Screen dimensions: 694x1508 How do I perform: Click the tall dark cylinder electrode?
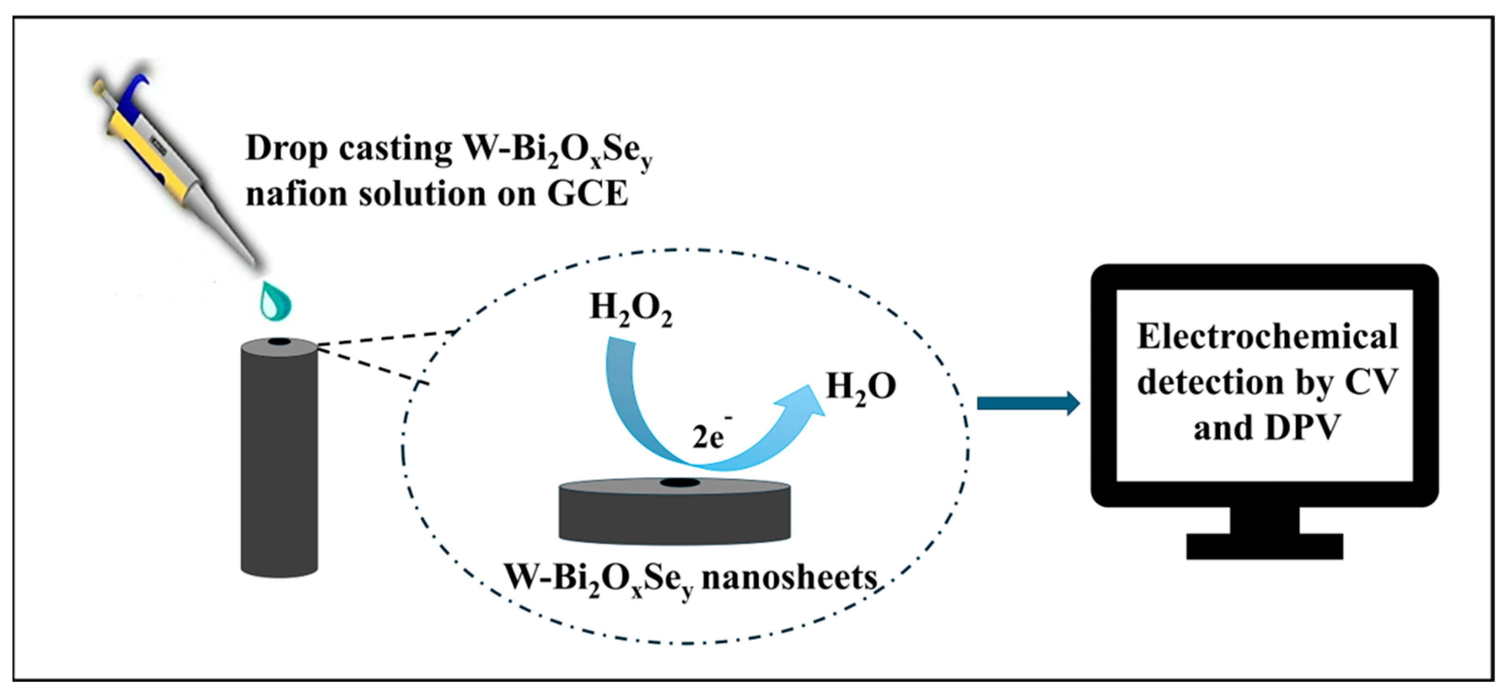click(x=279, y=463)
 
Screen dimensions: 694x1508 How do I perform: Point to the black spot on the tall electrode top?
click(x=279, y=342)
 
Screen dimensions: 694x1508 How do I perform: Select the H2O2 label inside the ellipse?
click(x=630, y=309)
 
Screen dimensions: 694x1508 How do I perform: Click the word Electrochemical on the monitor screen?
click(x=1268, y=337)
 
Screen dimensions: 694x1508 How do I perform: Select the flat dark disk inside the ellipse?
click(x=674, y=513)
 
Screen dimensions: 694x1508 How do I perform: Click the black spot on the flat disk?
click(x=680, y=483)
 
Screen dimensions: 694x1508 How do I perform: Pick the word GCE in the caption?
click(x=587, y=193)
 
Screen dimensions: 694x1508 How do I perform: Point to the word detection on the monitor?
click(x=1209, y=382)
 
